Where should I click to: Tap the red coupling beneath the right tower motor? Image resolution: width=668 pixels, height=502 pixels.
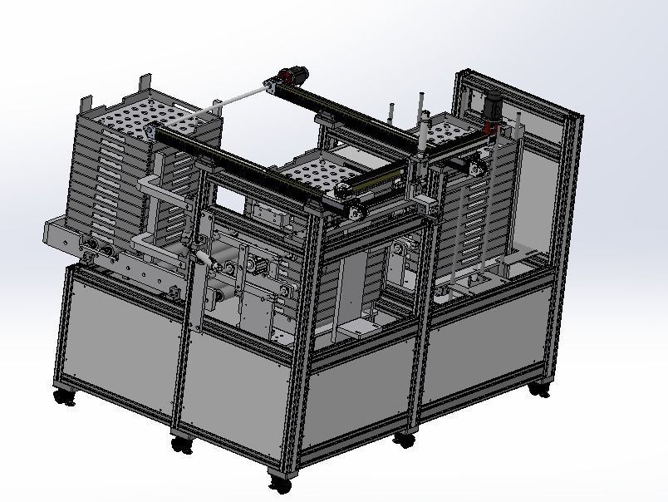tap(489, 129)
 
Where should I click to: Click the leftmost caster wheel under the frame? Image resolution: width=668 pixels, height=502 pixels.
tap(64, 397)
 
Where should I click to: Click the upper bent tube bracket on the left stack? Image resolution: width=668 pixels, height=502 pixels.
tap(163, 188)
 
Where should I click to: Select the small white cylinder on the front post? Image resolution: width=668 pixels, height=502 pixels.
tap(202, 259)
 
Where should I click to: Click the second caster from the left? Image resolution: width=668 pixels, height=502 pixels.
tap(181, 445)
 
